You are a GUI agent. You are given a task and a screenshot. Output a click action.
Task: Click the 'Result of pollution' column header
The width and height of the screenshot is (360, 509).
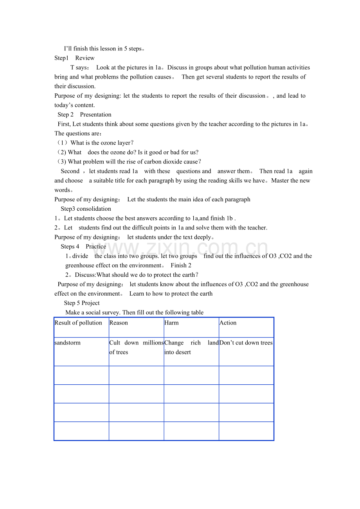point(78,323)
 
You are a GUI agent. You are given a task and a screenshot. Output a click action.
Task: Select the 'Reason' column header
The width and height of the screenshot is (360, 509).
point(119,323)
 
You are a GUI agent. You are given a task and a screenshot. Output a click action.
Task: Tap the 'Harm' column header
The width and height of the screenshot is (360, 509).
point(171,323)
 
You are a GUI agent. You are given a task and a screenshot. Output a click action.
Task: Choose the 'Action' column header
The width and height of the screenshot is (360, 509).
point(228,323)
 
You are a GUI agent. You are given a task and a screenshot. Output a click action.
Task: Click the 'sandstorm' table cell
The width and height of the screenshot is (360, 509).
point(68,343)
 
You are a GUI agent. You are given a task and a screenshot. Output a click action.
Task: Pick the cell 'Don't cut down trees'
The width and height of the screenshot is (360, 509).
point(246,343)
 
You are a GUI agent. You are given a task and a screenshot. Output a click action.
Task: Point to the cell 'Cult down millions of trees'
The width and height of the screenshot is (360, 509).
point(136,348)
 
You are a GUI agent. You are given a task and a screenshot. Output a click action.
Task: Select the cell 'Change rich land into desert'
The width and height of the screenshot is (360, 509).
point(191,348)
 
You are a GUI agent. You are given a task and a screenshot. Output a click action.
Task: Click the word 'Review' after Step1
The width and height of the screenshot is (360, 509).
point(85,58)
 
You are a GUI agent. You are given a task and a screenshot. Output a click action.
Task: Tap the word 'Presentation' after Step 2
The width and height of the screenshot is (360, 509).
point(95,115)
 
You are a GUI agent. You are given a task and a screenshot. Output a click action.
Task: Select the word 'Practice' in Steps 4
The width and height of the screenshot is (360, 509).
point(96,247)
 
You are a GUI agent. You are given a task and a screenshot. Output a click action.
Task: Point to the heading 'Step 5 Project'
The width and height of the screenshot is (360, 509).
point(82,303)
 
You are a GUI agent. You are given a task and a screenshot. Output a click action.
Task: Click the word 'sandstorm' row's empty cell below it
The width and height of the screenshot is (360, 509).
point(81,375)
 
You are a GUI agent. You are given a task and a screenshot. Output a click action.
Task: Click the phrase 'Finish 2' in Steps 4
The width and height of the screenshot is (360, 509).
point(181,265)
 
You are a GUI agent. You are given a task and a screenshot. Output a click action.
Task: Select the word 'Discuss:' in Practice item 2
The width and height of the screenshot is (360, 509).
point(86,275)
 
